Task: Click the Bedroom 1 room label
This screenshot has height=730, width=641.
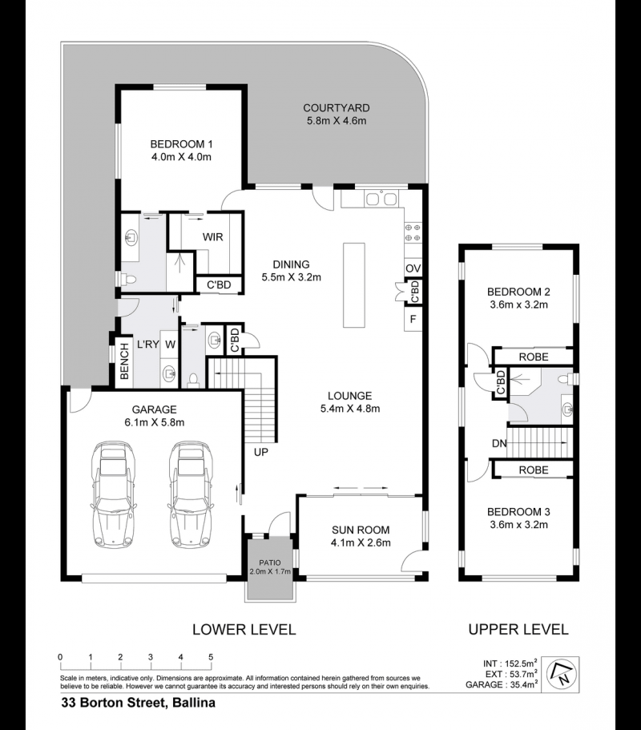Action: (x=182, y=151)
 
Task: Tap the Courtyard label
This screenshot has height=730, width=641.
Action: (x=336, y=114)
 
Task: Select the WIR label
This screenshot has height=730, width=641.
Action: (x=213, y=237)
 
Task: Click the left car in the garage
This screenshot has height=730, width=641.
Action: (x=113, y=494)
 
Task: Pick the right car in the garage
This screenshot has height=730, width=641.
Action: (x=191, y=494)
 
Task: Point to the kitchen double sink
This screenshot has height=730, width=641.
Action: (x=381, y=199)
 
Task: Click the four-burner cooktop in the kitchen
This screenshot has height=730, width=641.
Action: (x=413, y=232)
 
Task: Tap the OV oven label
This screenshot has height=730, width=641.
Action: (x=413, y=268)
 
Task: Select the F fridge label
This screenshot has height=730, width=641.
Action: (x=413, y=320)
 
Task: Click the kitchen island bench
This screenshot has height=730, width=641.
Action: (x=354, y=285)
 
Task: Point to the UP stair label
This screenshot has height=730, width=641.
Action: (x=260, y=452)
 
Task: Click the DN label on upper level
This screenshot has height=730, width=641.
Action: (x=499, y=444)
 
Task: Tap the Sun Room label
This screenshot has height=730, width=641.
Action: (x=361, y=536)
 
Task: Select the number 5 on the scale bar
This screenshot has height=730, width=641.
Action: (x=211, y=657)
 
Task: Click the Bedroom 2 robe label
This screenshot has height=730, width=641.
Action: (x=534, y=357)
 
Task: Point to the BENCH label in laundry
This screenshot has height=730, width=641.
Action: (x=124, y=361)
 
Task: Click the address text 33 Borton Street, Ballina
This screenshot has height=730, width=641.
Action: (x=139, y=703)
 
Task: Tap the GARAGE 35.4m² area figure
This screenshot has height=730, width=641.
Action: (x=502, y=684)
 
